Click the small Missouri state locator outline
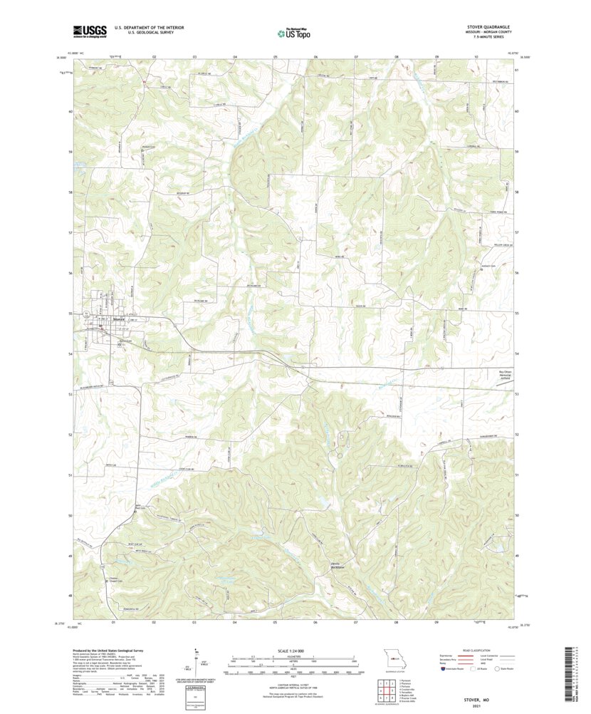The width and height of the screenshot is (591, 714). [x=390, y=658]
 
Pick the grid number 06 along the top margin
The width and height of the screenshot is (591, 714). [x=315, y=55]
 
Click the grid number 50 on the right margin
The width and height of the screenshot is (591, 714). [x=516, y=515]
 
